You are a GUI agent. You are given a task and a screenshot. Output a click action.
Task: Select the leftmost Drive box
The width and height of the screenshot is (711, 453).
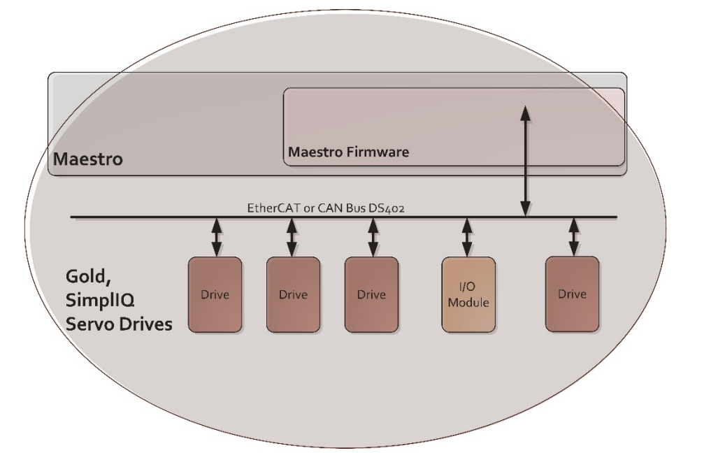point(215,294)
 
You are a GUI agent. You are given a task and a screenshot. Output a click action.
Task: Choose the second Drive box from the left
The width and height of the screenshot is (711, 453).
point(293,294)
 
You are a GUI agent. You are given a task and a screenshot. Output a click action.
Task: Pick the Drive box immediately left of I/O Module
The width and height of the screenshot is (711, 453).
point(371,294)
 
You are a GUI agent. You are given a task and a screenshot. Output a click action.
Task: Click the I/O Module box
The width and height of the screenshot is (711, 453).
point(468,294)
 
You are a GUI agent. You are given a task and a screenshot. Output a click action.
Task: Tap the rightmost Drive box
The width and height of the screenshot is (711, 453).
point(572,294)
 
